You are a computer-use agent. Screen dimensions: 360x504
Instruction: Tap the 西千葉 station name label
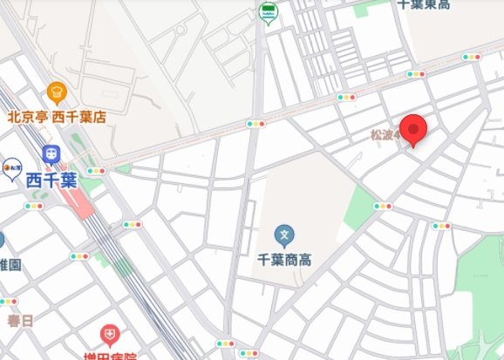(51, 181)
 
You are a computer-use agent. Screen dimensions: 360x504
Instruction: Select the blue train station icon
(51, 155)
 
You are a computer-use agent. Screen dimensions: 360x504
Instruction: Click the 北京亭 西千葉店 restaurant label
(57, 116)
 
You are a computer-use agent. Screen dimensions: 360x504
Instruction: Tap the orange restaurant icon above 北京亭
(57, 91)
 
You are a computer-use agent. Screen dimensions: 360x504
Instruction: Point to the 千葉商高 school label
(284, 260)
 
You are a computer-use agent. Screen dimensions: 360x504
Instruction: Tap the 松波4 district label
(385, 135)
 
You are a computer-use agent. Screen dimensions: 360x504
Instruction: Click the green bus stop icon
(268, 12)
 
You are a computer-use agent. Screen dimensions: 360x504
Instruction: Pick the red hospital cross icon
(109, 335)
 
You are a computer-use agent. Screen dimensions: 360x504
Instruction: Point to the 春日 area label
(19, 321)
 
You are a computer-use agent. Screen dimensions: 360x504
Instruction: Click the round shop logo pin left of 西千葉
(11, 166)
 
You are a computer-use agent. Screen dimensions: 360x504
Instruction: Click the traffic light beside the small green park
(383, 207)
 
